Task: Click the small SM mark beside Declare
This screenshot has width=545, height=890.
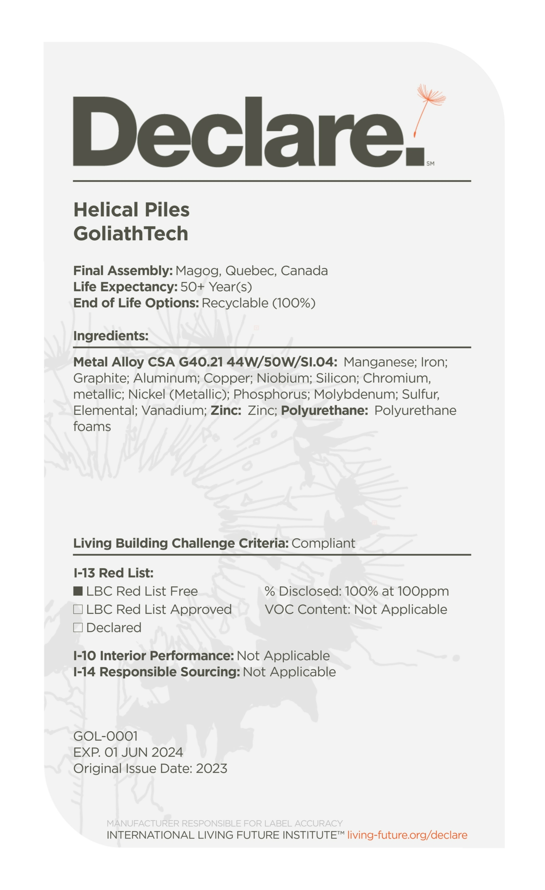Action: click(x=430, y=164)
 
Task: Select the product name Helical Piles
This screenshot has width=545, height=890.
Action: click(x=131, y=210)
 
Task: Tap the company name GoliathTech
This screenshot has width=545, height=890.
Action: click(x=130, y=233)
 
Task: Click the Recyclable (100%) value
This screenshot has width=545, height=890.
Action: click(x=258, y=303)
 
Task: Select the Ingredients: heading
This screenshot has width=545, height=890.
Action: click(x=111, y=336)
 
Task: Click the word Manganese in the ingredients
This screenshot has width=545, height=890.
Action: click(x=379, y=362)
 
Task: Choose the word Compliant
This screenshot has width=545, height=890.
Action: click(x=323, y=543)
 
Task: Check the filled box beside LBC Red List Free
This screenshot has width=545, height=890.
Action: click(x=78, y=591)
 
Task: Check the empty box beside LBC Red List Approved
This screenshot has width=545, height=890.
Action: click(x=78, y=609)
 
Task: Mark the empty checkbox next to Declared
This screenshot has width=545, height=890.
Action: click(x=78, y=628)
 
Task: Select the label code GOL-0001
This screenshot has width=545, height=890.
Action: click(x=105, y=736)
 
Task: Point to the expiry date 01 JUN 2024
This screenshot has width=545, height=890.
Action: click(x=144, y=752)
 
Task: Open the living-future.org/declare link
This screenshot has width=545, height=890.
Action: click(x=407, y=835)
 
